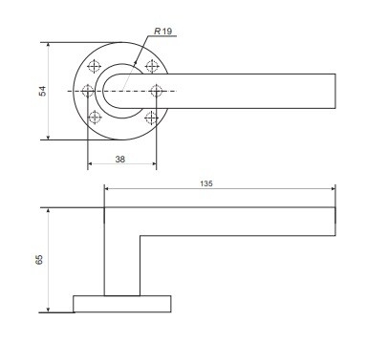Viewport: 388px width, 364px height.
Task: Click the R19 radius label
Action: (x=162, y=32)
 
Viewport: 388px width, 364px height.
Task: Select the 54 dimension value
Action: (x=42, y=91)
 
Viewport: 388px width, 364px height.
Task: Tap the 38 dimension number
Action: (x=120, y=160)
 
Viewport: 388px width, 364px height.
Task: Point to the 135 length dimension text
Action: (x=206, y=183)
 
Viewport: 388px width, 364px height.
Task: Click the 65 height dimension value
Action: (x=39, y=260)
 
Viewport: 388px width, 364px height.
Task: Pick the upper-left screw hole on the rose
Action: (x=94, y=66)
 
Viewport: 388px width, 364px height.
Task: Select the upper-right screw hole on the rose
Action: (x=152, y=66)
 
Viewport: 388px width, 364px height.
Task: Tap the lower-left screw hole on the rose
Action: (x=95, y=118)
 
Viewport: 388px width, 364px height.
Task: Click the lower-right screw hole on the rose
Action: (x=151, y=118)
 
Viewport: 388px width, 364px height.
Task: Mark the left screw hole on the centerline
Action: (x=88, y=91)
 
